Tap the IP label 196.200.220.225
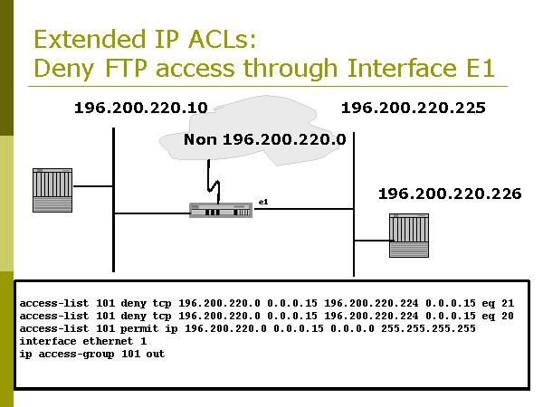click(x=413, y=109)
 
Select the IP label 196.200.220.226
click(x=449, y=194)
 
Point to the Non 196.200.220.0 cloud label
click(x=264, y=140)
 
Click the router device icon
click(x=219, y=210)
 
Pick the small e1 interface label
click(x=263, y=200)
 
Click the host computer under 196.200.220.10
click(x=52, y=189)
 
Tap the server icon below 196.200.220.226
click(x=408, y=236)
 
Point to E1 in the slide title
click(x=477, y=68)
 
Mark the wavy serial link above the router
click(x=214, y=182)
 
